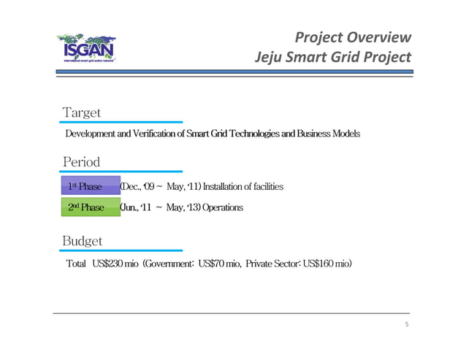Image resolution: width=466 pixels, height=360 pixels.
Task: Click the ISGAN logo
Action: click(x=89, y=49)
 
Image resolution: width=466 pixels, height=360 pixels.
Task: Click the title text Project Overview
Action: click(x=353, y=39)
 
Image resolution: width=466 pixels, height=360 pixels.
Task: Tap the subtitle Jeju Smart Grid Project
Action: click(x=333, y=56)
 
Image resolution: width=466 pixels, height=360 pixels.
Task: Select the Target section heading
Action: click(x=82, y=112)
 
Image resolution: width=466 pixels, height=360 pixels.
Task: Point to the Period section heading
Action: click(x=81, y=161)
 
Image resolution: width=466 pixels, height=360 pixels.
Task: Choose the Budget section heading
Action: click(x=83, y=240)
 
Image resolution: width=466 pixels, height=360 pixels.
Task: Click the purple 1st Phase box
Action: click(x=89, y=187)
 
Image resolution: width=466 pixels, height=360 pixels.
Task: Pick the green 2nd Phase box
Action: click(x=89, y=207)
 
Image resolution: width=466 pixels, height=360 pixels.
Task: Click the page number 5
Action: click(x=406, y=324)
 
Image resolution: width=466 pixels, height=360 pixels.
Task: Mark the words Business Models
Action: click(x=330, y=134)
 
